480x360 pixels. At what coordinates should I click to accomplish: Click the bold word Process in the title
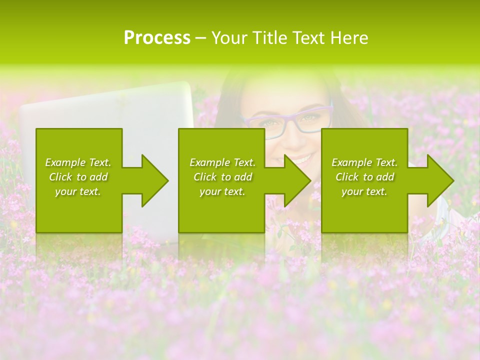click(x=157, y=38)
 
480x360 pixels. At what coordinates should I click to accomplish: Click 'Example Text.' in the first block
click(x=78, y=162)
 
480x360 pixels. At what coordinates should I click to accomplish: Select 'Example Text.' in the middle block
click(x=222, y=162)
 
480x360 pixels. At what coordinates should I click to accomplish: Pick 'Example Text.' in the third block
click(x=364, y=162)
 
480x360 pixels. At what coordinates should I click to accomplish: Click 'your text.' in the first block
click(x=78, y=191)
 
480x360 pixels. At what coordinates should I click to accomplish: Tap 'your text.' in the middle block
click(x=222, y=191)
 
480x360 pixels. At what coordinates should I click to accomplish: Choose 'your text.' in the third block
click(x=364, y=191)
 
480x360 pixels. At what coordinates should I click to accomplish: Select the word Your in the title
click(x=228, y=38)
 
